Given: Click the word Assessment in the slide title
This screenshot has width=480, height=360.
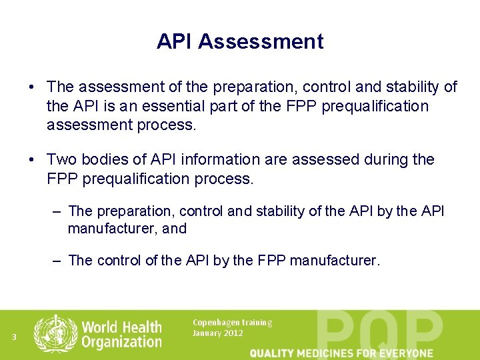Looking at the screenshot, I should (x=261, y=41).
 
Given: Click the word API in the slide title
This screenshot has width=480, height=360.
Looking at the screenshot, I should (x=175, y=41).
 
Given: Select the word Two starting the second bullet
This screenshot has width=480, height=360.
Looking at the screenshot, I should (x=61, y=160).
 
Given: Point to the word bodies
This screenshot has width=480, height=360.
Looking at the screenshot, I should (x=102, y=160).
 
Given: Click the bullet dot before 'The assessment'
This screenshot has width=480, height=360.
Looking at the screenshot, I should (x=31, y=87).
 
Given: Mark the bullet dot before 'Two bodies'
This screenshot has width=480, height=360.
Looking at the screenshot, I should (x=31, y=160).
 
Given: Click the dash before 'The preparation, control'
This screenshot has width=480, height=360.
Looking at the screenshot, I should (x=57, y=211).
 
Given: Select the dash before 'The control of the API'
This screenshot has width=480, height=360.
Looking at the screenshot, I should (x=57, y=261).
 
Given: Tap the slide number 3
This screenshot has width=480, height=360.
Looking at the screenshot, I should (x=14, y=337).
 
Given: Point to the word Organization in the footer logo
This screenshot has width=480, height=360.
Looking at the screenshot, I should (x=121, y=342).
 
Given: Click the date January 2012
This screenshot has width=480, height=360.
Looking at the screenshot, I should (x=217, y=333).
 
